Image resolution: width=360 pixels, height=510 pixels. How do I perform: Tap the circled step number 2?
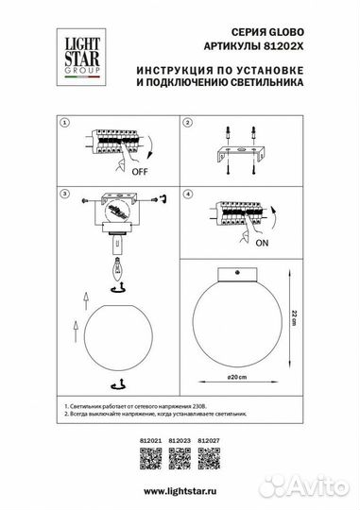coord(187,124)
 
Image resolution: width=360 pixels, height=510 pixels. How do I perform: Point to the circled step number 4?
coord(187,193)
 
